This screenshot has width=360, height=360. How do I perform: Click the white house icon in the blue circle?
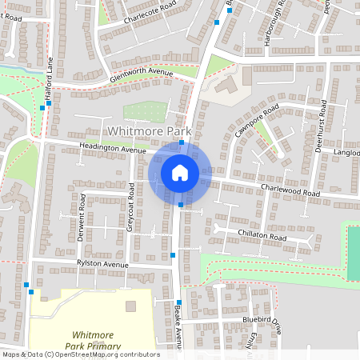tap(180, 172)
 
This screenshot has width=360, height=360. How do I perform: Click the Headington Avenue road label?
tap(113, 148)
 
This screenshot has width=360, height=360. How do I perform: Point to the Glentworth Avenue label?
tap(143, 74)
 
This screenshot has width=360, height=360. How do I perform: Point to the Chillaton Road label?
tap(262, 237)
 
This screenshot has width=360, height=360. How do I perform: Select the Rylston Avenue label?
tap(102, 264)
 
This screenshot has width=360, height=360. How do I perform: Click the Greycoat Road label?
tap(130, 207)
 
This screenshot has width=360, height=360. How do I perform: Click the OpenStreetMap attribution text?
tap(80, 354)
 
